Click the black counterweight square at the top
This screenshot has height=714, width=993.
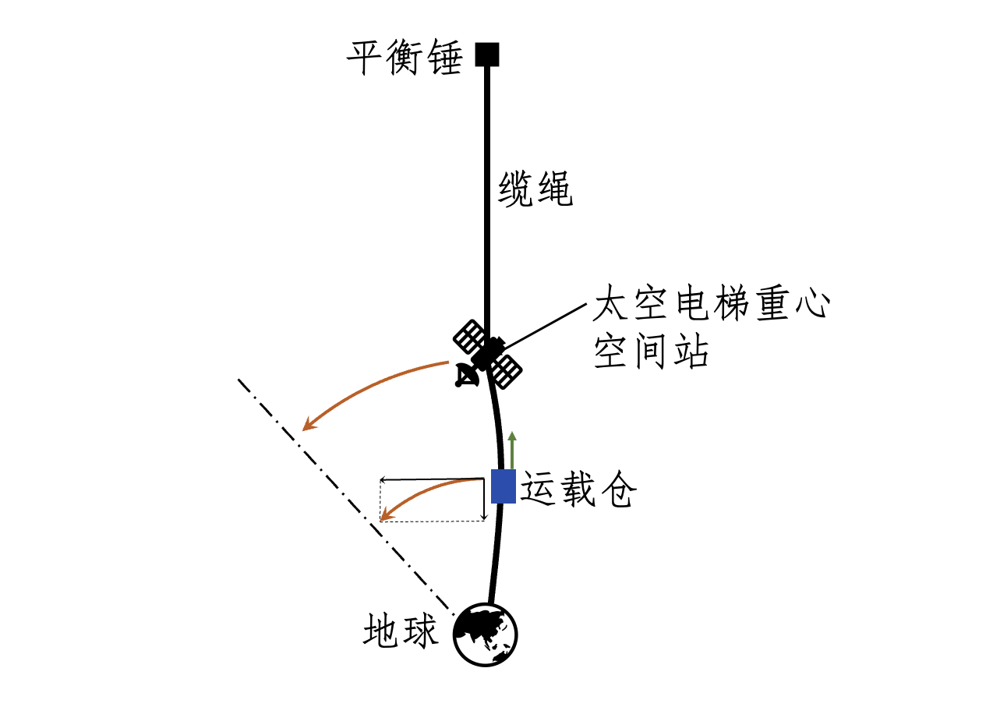pyautogui.click(x=487, y=55)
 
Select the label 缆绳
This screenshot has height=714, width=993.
pyautogui.click(x=535, y=189)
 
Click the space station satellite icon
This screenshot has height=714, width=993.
pyautogui.click(x=488, y=355)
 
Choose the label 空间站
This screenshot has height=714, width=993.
pyautogui.click(x=651, y=352)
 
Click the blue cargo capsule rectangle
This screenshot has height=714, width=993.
pyautogui.click(x=503, y=486)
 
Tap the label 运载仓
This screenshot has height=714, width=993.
pyautogui.click(x=578, y=490)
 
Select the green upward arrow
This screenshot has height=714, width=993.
pyautogui.click(x=512, y=449)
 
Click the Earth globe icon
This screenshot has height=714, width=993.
pyautogui.click(x=486, y=634)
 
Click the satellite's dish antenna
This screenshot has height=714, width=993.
pyautogui.click(x=467, y=376)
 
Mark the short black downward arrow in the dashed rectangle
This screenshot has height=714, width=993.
pyautogui.click(x=484, y=500)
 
